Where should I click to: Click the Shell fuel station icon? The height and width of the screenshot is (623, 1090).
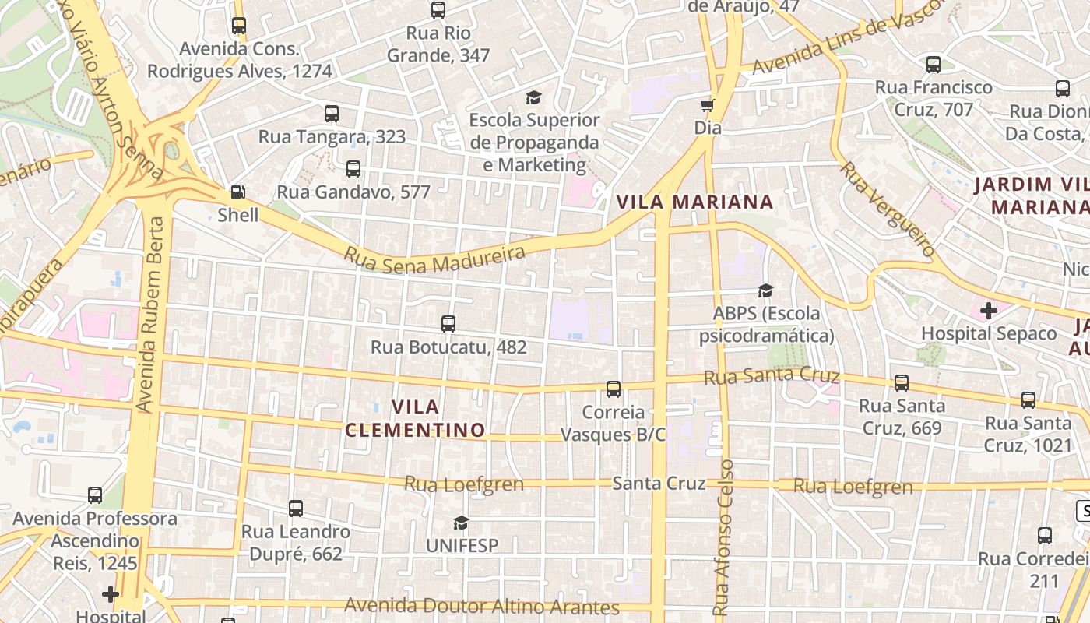pyautogui.click(x=238, y=192)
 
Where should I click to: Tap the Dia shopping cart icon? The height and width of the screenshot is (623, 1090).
pyautogui.click(x=707, y=105)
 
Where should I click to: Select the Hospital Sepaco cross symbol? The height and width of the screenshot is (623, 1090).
pyautogui.click(x=989, y=311)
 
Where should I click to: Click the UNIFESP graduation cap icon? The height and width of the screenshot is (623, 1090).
pyautogui.click(x=462, y=523)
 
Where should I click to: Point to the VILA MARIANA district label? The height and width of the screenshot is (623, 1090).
pyautogui.click(x=694, y=202)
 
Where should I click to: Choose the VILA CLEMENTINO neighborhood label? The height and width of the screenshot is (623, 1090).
pyautogui.click(x=415, y=418)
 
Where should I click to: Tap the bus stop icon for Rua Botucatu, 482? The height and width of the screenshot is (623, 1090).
pyautogui.click(x=448, y=324)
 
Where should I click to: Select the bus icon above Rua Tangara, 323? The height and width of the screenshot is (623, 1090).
pyautogui.click(x=332, y=114)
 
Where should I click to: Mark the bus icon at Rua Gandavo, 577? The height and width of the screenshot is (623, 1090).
pyautogui.click(x=353, y=168)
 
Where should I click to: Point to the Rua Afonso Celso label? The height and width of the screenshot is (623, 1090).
pyautogui.click(x=723, y=537)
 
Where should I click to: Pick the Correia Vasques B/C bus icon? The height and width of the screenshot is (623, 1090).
pyautogui.click(x=614, y=389)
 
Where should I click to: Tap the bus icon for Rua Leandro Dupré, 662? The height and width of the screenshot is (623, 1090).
pyautogui.click(x=296, y=509)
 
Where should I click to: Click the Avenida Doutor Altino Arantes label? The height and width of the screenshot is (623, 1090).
pyautogui.click(x=482, y=606)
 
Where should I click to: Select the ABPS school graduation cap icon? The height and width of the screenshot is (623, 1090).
pyautogui.click(x=766, y=291)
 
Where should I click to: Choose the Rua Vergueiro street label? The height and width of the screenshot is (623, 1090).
pyautogui.click(x=887, y=209)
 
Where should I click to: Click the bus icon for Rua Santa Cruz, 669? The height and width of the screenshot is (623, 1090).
pyautogui.click(x=902, y=383)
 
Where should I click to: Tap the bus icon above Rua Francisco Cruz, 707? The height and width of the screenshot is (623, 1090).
pyautogui.click(x=934, y=65)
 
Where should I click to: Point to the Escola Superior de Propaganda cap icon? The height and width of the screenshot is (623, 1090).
pyautogui.click(x=533, y=97)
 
